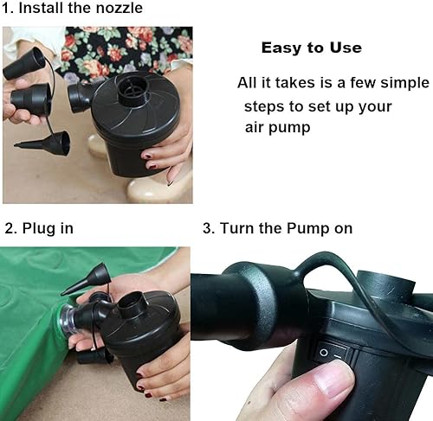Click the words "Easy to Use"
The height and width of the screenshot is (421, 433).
coord(311,48)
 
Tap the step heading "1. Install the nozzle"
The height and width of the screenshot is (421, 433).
coord(73,10)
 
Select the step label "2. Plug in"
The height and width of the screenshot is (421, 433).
coord(39,229)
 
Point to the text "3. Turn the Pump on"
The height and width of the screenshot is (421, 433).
coord(277,229)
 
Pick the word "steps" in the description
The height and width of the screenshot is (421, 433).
coord(263,107)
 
